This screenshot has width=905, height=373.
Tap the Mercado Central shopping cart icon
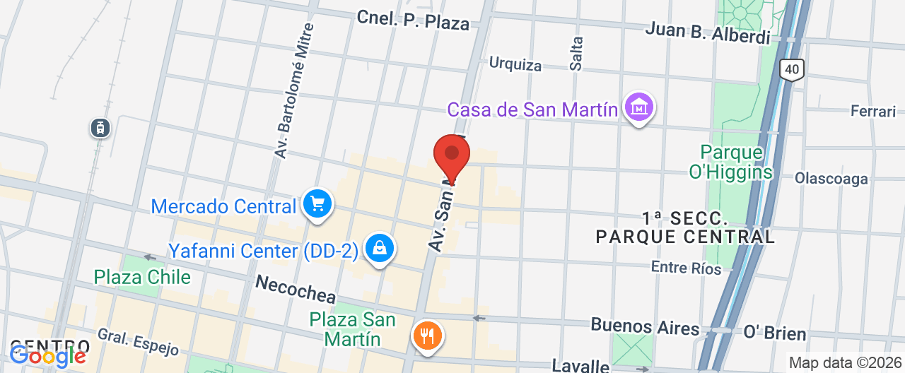point(317,204)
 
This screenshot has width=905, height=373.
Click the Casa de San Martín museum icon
point(639,108)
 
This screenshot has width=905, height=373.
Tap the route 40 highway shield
point(793,69)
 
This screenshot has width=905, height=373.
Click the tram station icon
point(100,128)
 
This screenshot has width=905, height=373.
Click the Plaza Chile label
point(142,277)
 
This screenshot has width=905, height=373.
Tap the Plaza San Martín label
point(352,329)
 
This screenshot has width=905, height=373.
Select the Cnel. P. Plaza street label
point(413,20)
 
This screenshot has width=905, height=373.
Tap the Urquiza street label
point(515,65)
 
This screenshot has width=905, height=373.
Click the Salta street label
point(577,53)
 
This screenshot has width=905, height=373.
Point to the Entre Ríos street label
point(686,268)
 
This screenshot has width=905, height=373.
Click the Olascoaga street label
point(831,178)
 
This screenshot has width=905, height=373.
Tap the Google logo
point(48,356)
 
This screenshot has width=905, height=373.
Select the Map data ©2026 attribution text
point(846,363)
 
